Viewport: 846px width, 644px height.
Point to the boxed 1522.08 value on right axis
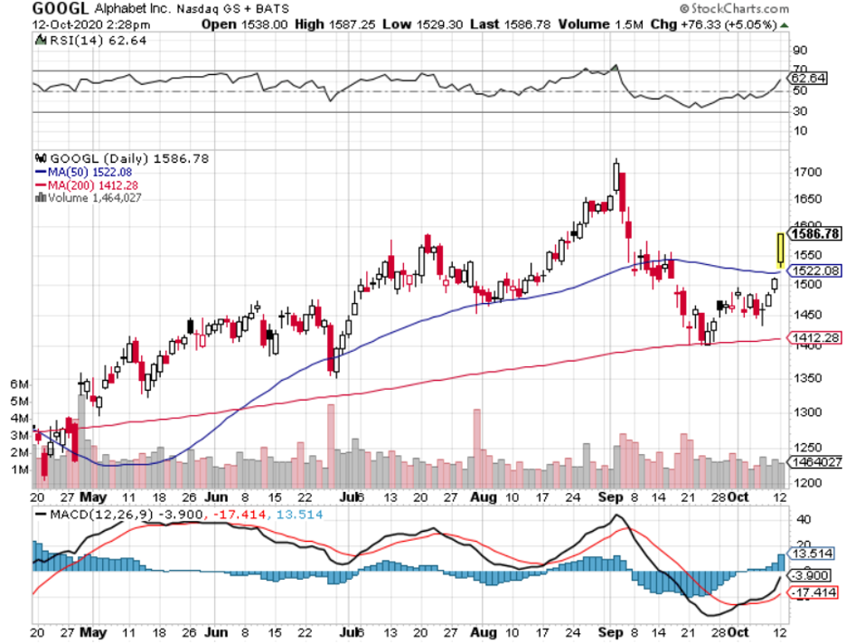pos(814,270)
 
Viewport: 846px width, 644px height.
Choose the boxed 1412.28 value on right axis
pos(814,337)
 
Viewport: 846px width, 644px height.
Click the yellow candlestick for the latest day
pos(780,249)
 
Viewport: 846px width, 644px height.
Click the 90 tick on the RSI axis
pos(800,51)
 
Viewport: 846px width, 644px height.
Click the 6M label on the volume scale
pos(18,384)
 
